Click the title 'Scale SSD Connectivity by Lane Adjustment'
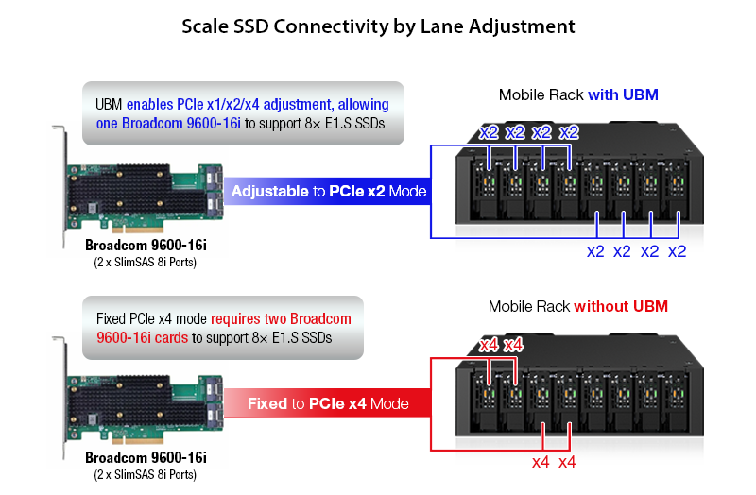(x=378, y=26)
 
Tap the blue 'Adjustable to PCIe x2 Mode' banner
(x=329, y=192)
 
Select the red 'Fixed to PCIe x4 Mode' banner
(x=328, y=403)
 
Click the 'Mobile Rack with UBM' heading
(x=577, y=94)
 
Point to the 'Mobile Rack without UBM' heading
(x=578, y=306)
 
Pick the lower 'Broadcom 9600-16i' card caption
(x=146, y=458)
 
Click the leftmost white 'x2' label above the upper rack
(x=489, y=132)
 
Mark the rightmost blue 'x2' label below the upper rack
(x=678, y=251)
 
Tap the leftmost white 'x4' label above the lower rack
(x=489, y=345)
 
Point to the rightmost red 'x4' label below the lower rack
(x=567, y=462)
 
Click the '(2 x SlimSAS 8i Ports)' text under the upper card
(x=146, y=263)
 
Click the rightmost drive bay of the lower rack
(x=679, y=396)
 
